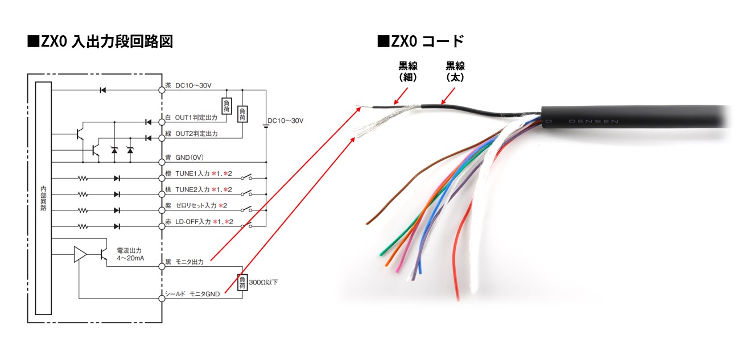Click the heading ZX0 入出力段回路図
pos(100,42)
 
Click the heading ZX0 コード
pos(421,42)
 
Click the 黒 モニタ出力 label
pos(188,262)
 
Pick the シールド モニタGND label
pos(192,293)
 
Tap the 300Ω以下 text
pos(263,282)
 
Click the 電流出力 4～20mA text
pos(130,254)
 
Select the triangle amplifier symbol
pos(80,254)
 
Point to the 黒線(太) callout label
pos(455,72)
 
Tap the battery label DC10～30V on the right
pos(286,121)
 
